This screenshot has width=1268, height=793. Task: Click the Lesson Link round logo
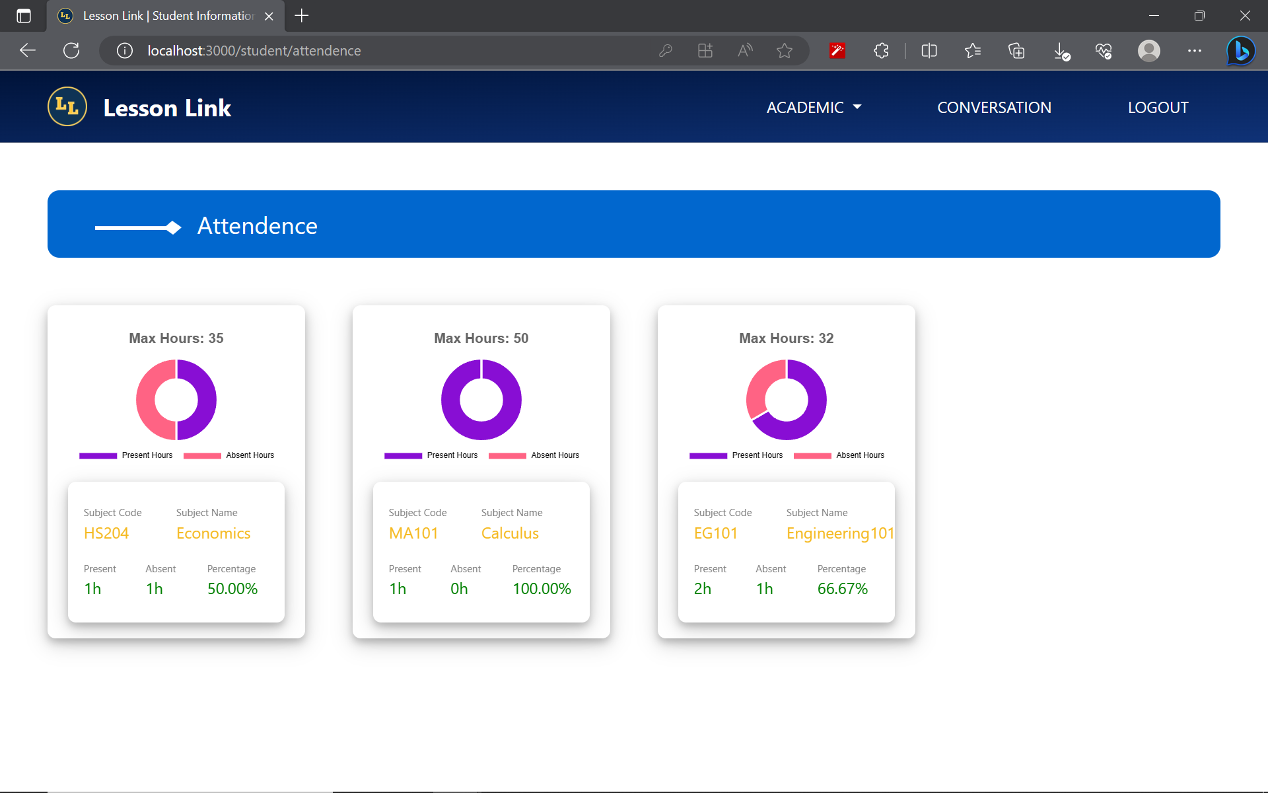tap(67, 106)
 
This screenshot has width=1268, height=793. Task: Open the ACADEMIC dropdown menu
tap(814, 107)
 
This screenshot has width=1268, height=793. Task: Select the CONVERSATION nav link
tap(994, 107)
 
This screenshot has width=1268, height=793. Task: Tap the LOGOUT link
tap(1158, 107)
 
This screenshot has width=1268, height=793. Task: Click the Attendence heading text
tap(257, 226)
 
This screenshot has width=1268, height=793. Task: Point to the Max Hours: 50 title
tap(481, 338)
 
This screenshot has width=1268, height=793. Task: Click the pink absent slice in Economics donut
tap(147, 400)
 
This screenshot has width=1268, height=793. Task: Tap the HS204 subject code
tap(106, 533)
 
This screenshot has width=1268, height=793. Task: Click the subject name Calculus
tap(510, 533)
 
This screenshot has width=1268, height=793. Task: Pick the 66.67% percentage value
tap(842, 589)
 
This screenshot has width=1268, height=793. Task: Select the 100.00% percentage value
tap(542, 589)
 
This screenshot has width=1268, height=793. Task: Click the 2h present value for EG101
tap(703, 589)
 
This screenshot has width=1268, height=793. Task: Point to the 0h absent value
tap(459, 589)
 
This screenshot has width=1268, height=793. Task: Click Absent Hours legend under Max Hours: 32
tap(859, 455)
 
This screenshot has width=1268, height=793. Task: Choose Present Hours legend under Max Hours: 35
tap(147, 455)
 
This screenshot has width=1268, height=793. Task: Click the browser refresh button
tap(71, 50)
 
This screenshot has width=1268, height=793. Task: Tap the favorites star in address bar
tap(784, 50)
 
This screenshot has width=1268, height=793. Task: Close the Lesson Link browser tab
tap(269, 16)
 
